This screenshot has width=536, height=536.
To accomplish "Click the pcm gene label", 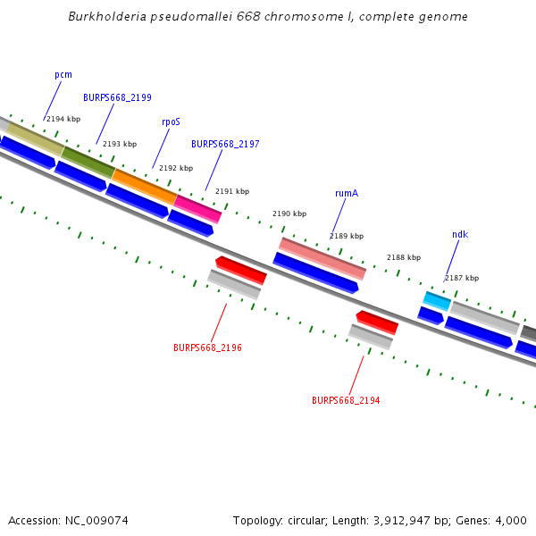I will [x=63, y=75].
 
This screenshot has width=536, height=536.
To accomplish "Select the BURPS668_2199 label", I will [x=117, y=97].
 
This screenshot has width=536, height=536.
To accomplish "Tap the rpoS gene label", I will [x=171, y=121].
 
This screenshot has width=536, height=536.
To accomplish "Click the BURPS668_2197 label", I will [x=225, y=144].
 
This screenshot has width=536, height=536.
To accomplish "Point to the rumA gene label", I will [x=347, y=193].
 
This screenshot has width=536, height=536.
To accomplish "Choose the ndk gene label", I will [x=460, y=234].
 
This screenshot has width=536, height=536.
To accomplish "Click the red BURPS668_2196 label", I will [x=207, y=348].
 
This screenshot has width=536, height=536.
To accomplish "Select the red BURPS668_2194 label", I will [x=346, y=400].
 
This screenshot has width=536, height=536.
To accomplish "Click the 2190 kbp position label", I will [x=289, y=214].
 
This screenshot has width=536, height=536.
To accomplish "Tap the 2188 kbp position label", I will [x=404, y=257].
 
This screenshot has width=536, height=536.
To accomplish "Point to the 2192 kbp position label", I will [x=176, y=168].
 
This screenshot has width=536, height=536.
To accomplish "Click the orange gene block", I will [x=144, y=185].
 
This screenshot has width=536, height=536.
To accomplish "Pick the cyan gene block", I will [x=437, y=301].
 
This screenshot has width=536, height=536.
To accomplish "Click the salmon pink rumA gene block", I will [x=322, y=258].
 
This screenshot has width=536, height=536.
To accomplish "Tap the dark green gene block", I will [x=88, y=162].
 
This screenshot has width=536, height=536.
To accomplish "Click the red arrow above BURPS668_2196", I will [x=241, y=269].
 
